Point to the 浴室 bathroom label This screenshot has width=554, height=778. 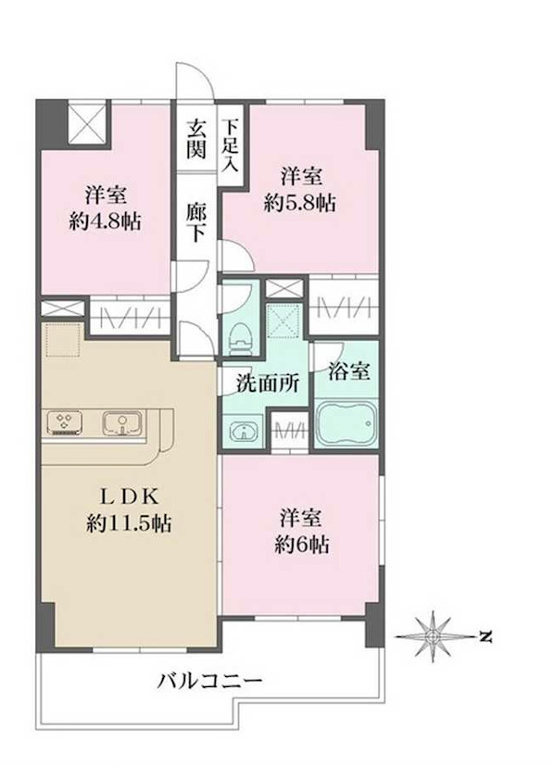tap(349, 372)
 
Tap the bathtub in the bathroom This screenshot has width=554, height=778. tap(347, 423)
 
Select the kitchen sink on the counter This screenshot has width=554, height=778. tap(119, 424)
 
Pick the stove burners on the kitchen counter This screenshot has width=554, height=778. tap(66, 423)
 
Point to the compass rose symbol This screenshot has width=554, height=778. tap(435, 637)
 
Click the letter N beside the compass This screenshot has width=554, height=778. tap(484, 637)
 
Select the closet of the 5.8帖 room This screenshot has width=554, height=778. tap(344, 306)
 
